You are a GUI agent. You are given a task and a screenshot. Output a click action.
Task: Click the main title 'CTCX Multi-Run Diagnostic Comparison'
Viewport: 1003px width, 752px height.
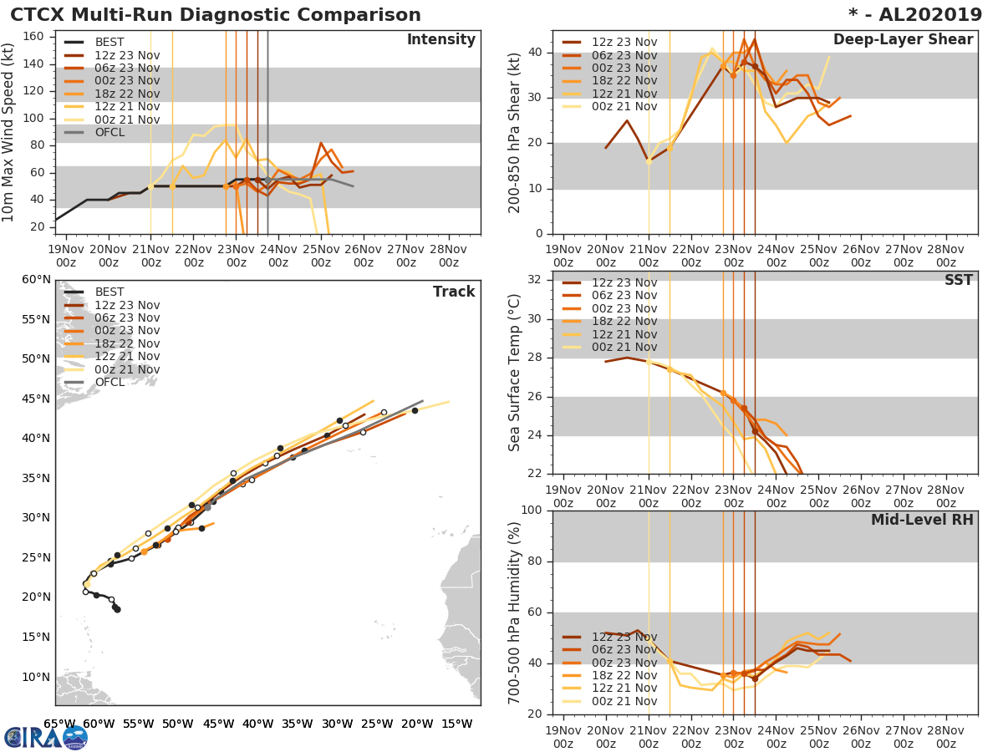click(x=216, y=15)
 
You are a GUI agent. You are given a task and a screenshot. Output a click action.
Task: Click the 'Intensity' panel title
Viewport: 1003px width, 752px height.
click(x=440, y=40)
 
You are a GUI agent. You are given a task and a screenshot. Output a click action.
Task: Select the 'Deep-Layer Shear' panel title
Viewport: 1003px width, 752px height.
click(x=903, y=40)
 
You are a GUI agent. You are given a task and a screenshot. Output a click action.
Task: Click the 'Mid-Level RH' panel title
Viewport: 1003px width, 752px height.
click(x=922, y=521)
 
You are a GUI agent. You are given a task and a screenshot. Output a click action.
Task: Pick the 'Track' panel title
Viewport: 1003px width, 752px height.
click(x=454, y=292)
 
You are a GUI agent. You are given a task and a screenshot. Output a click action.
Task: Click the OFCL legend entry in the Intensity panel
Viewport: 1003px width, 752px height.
click(x=109, y=132)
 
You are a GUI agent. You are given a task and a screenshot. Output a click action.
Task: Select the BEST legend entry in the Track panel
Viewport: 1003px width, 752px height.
click(x=109, y=292)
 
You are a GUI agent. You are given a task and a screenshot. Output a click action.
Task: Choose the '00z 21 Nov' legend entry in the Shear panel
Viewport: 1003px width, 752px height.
click(x=624, y=106)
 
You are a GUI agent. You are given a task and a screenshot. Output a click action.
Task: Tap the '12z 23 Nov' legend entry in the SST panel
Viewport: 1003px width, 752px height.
click(x=624, y=282)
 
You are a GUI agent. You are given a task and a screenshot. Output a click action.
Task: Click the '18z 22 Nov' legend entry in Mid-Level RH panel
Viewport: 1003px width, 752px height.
click(x=624, y=675)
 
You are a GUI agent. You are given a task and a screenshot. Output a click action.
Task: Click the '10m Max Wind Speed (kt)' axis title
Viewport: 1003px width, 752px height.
click(x=9, y=131)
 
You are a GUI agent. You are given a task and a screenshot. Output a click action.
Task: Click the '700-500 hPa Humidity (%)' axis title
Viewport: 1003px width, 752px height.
click(x=515, y=612)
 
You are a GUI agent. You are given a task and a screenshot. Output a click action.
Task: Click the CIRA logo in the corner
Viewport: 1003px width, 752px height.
click(x=46, y=737)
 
